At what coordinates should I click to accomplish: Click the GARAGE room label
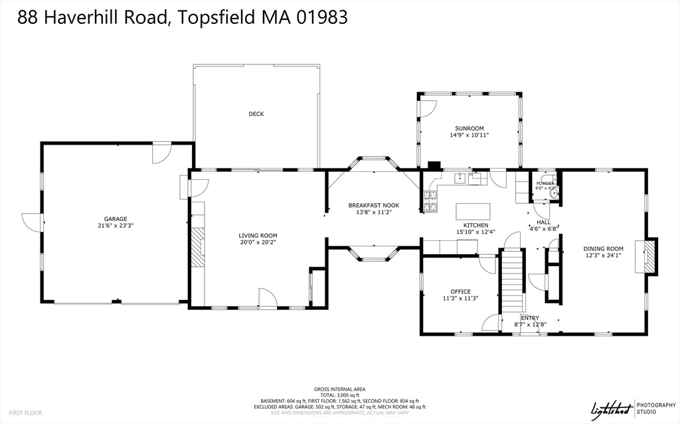pyautogui.click(x=115, y=219)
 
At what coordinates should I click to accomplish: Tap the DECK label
pyautogui.click(x=256, y=114)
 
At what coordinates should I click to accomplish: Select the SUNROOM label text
pyautogui.click(x=469, y=128)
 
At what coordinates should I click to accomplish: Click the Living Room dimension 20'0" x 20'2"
pyautogui.click(x=258, y=243)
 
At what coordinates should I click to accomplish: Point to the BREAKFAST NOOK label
pyautogui.click(x=374, y=206)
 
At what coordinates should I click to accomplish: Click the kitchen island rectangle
pyautogui.click(x=473, y=212)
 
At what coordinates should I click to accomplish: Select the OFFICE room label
pyautogui.click(x=460, y=292)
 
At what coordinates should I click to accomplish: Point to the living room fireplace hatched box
pyautogui.click(x=197, y=247)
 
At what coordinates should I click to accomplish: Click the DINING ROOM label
pyautogui.click(x=603, y=249)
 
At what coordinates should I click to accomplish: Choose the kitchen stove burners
pyautogui.click(x=430, y=201)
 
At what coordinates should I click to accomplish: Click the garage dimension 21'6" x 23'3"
pyautogui.click(x=115, y=226)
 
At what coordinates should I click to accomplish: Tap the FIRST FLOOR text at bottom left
pyautogui.click(x=26, y=413)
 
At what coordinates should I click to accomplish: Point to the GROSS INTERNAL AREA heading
pyautogui.click(x=339, y=389)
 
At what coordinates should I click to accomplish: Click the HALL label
pyautogui.click(x=543, y=222)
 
